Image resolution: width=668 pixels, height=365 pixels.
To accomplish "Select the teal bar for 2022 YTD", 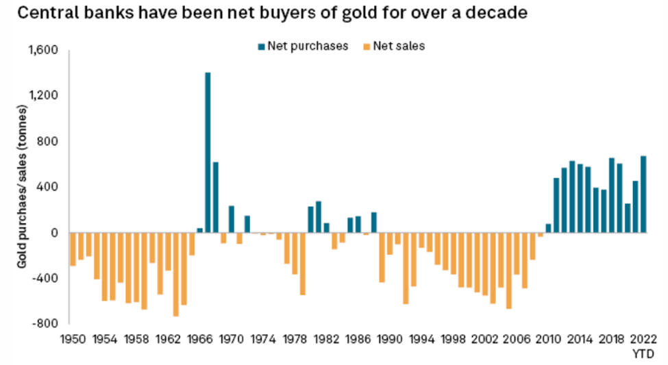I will pyautogui.click(x=643, y=194).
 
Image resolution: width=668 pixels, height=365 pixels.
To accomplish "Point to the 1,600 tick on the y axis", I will pyautogui.click(x=42, y=50).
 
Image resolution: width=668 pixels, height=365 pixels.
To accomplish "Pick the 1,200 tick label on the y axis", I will pyautogui.click(x=42, y=95).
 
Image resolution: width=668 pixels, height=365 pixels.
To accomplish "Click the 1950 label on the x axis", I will pyautogui.click(x=73, y=338).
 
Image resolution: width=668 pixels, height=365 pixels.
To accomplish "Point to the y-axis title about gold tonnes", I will pyautogui.click(x=23, y=186).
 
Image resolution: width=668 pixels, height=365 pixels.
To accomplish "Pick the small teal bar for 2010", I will pyautogui.click(x=548, y=228).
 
